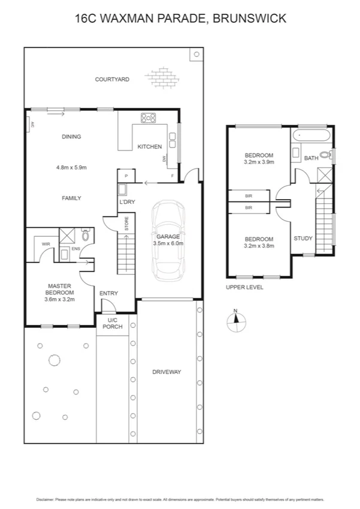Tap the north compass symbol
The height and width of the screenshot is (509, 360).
236,322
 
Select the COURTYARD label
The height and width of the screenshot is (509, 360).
112,79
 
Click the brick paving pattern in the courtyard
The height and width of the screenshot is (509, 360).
161,77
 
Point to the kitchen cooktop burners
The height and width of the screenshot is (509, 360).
148,118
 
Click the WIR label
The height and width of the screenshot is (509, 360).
46,244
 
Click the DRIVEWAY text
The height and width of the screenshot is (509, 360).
167,372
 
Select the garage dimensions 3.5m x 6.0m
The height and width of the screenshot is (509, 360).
168,243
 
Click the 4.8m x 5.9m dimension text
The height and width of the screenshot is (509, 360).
71,167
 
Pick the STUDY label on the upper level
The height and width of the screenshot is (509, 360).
302,238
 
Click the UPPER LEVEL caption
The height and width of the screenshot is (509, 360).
244,287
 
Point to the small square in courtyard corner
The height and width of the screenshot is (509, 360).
196,54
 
